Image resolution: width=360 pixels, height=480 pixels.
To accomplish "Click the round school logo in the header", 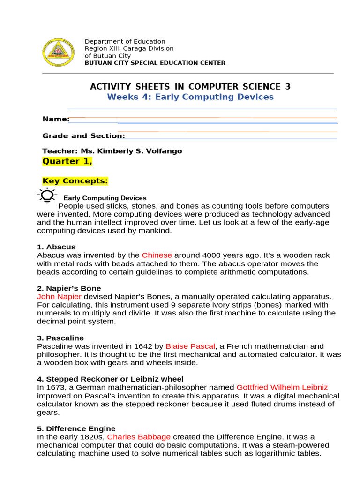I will point(58,52).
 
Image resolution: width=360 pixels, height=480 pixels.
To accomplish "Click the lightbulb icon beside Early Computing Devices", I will point(47,195).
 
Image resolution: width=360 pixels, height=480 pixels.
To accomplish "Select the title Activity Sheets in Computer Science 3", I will point(190,87).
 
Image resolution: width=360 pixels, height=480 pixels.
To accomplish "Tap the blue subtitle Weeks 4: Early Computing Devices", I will point(190,97).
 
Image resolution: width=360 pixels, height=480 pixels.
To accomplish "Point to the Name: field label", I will point(56,119).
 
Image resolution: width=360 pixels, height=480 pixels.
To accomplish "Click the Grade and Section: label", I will point(83,136).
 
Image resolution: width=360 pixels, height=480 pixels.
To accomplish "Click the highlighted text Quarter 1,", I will point(67,162).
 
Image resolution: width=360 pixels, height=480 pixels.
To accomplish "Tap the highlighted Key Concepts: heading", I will point(75,181).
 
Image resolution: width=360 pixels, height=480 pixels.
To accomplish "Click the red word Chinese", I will point(157,255).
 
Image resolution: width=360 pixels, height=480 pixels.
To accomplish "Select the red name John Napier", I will point(59,297).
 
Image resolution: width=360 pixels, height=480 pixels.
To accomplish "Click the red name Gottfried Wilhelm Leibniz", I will point(282,388).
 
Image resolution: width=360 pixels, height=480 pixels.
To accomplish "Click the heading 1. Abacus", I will point(56,247).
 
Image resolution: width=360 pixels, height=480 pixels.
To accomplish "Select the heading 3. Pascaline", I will point(60,338).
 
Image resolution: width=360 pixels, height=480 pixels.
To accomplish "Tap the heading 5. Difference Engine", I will point(76,429).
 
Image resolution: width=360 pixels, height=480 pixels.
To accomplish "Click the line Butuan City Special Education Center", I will point(155,63).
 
